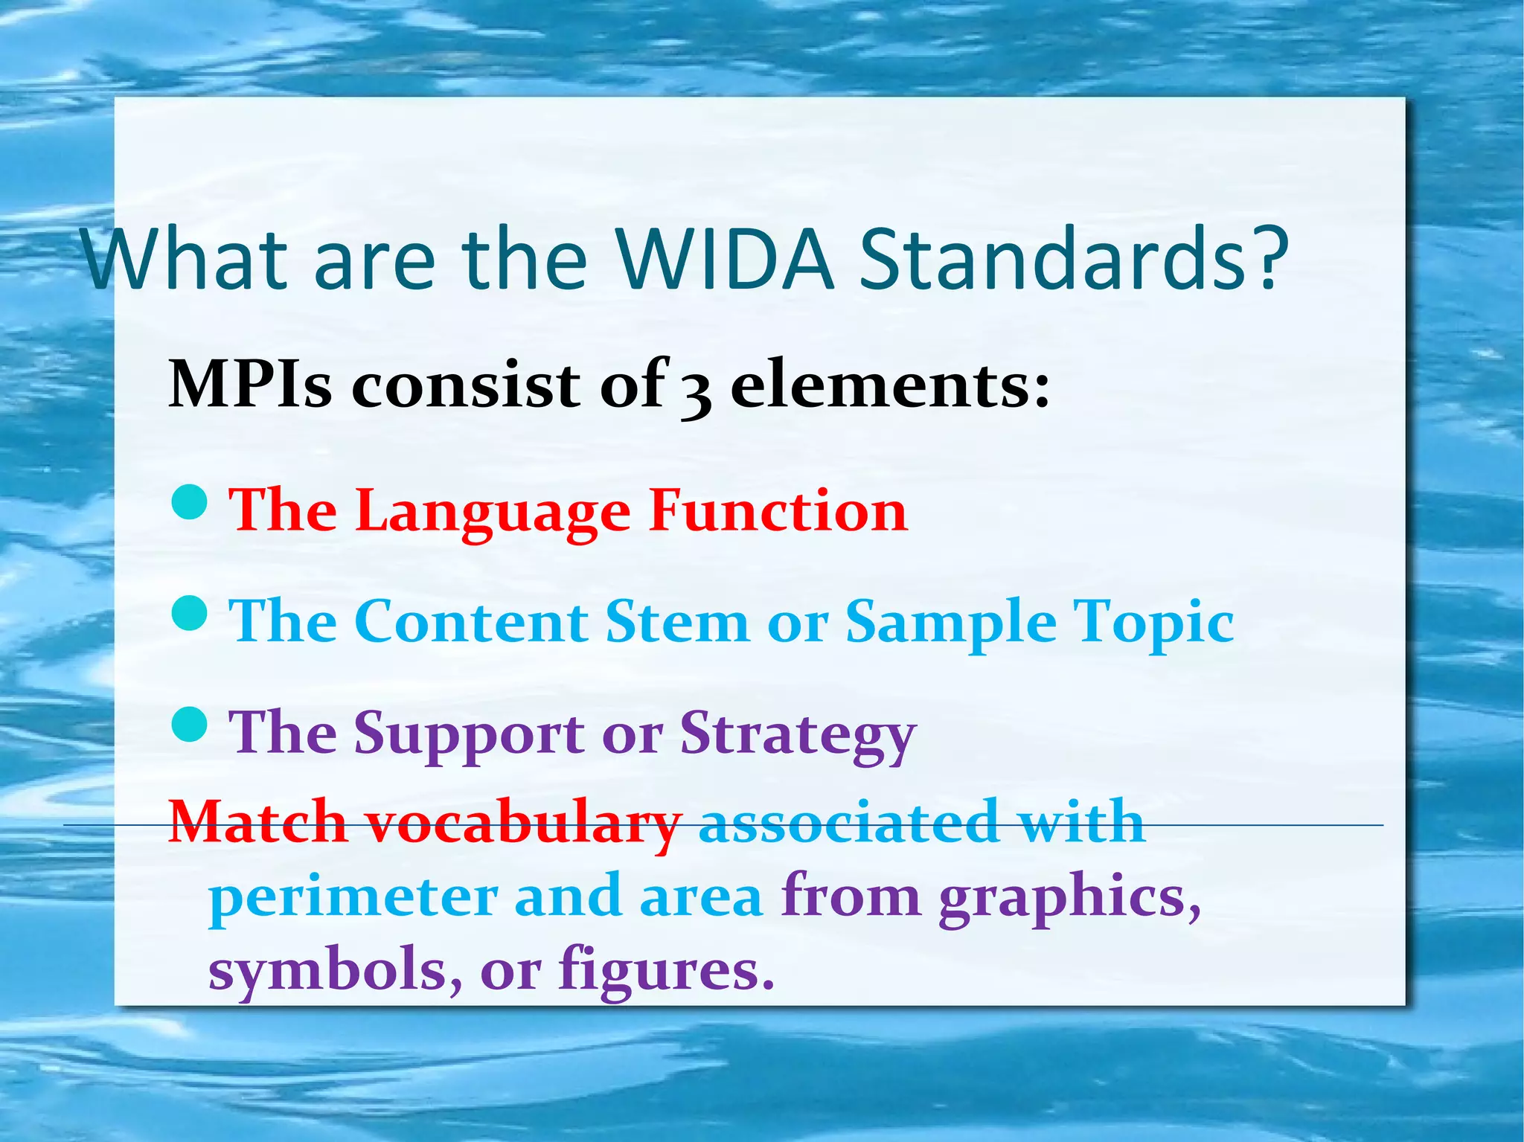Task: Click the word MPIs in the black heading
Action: click(250, 385)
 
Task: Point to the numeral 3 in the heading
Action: click(695, 391)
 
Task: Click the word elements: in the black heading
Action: click(890, 385)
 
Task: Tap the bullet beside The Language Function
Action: click(189, 502)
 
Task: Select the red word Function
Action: click(778, 511)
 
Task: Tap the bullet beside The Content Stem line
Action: click(189, 614)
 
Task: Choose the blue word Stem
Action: click(676, 621)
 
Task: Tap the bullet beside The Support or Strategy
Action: click(189, 724)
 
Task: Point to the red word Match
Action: click(258, 822)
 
